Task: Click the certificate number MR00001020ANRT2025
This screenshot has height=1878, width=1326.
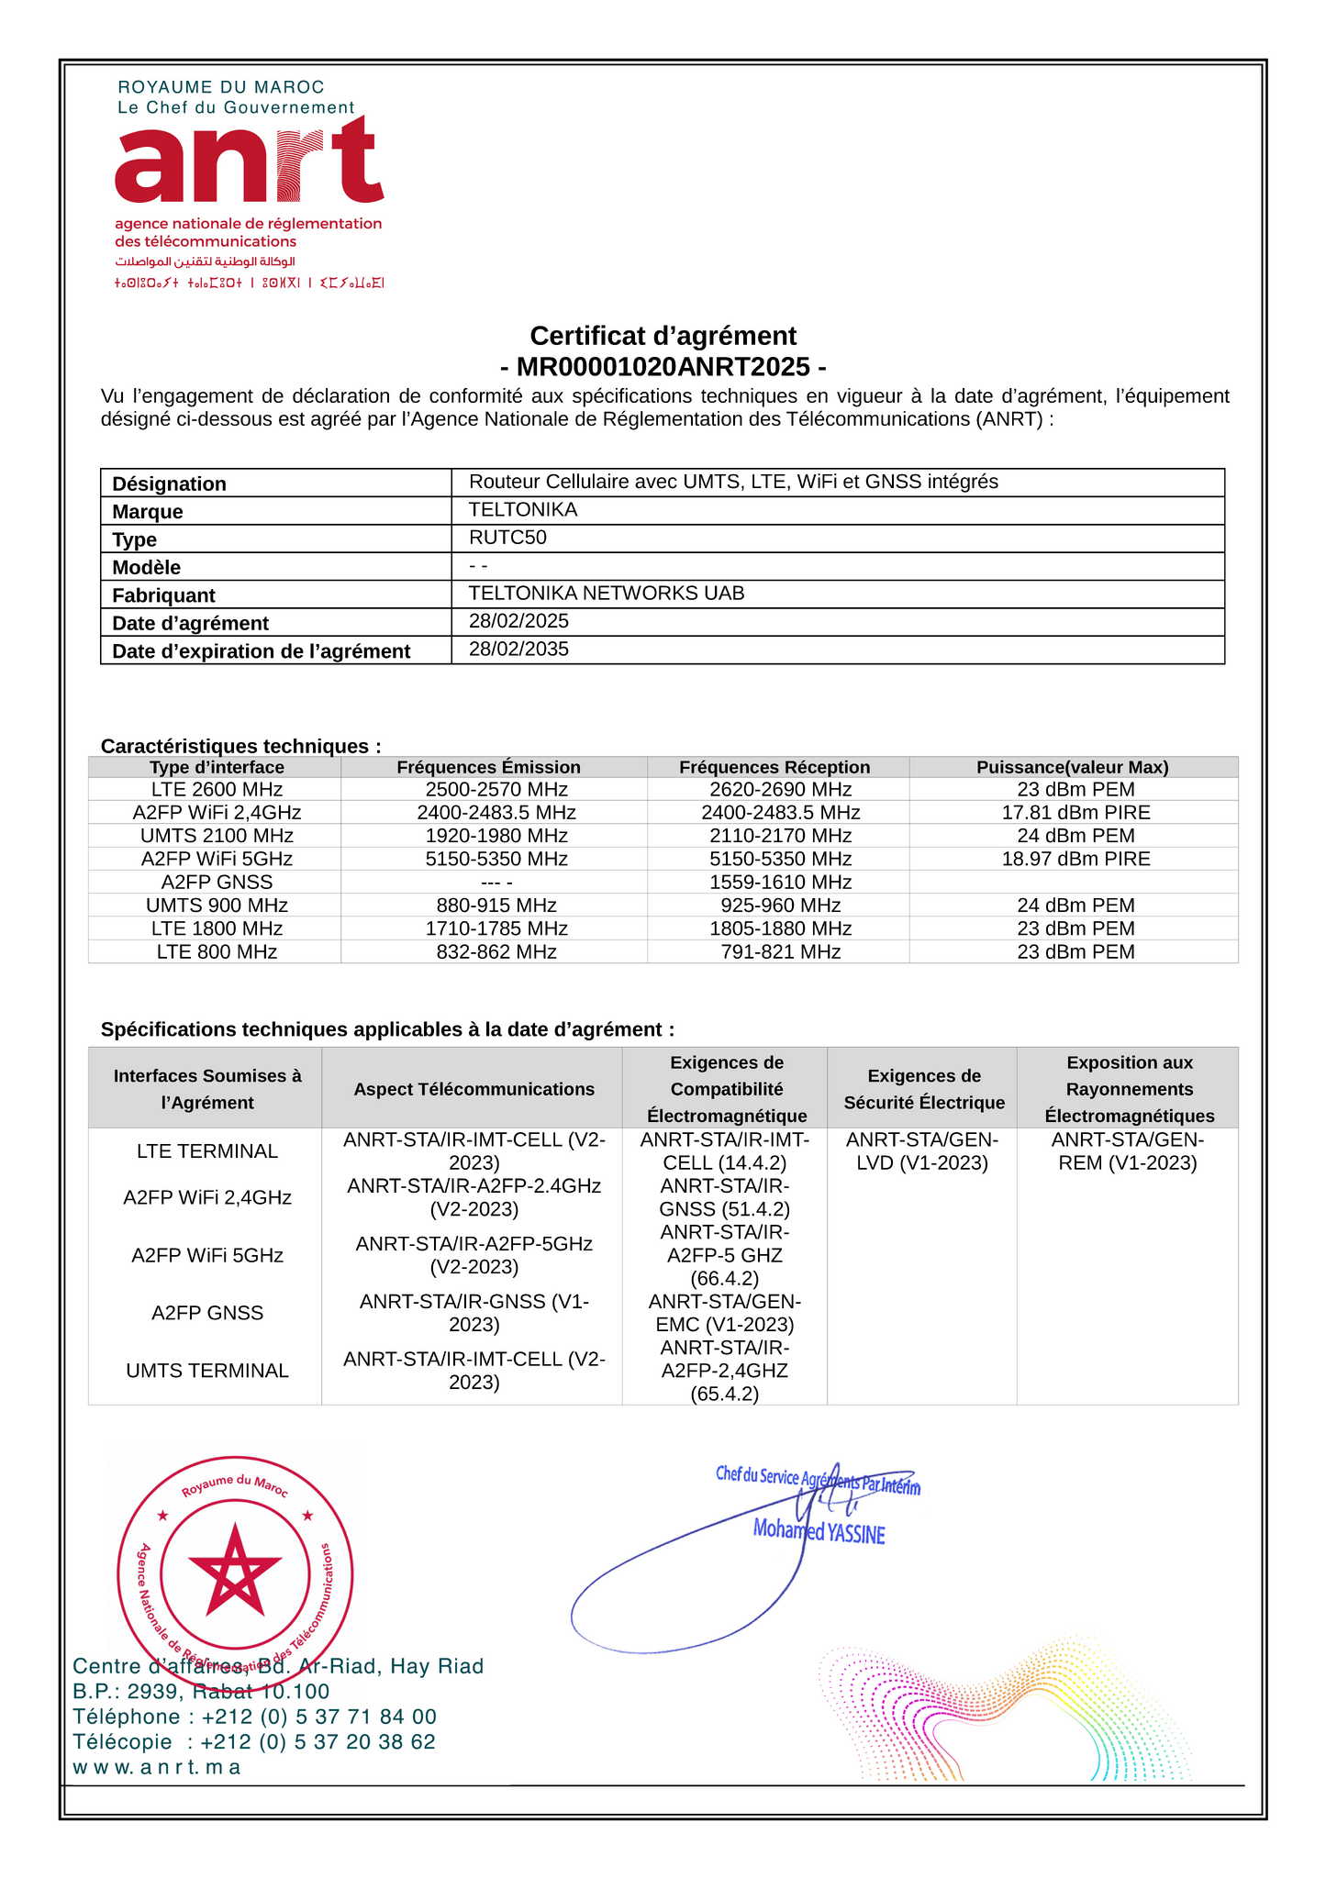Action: click(663, 367)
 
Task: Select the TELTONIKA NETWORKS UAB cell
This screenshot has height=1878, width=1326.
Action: click(607, 594)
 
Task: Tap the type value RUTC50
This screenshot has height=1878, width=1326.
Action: click(507, 538)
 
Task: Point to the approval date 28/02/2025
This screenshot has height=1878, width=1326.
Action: click(518, 621)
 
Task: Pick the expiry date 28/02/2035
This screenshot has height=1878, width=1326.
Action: click(518, 650)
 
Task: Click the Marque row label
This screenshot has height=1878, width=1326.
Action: click(148, 512)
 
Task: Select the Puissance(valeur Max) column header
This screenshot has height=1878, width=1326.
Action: click(1072, 767)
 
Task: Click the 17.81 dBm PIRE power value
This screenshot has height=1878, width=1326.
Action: click(1075, 813)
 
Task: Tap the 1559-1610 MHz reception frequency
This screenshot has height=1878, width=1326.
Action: click(780, 883)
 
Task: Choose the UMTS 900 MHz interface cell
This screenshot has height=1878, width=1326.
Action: click(217, 906)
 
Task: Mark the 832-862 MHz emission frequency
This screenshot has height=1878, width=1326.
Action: click(496, 952)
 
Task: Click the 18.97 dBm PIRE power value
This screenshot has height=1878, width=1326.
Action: click(1075, 859)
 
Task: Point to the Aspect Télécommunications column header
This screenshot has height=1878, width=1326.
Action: click(474, 1089)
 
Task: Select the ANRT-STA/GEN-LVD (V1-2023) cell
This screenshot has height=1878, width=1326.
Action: click(921, 1151)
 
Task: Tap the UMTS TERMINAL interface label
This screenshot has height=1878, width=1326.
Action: click(207, 1371)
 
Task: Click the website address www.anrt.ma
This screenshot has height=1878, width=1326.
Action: click(156, 1767)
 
